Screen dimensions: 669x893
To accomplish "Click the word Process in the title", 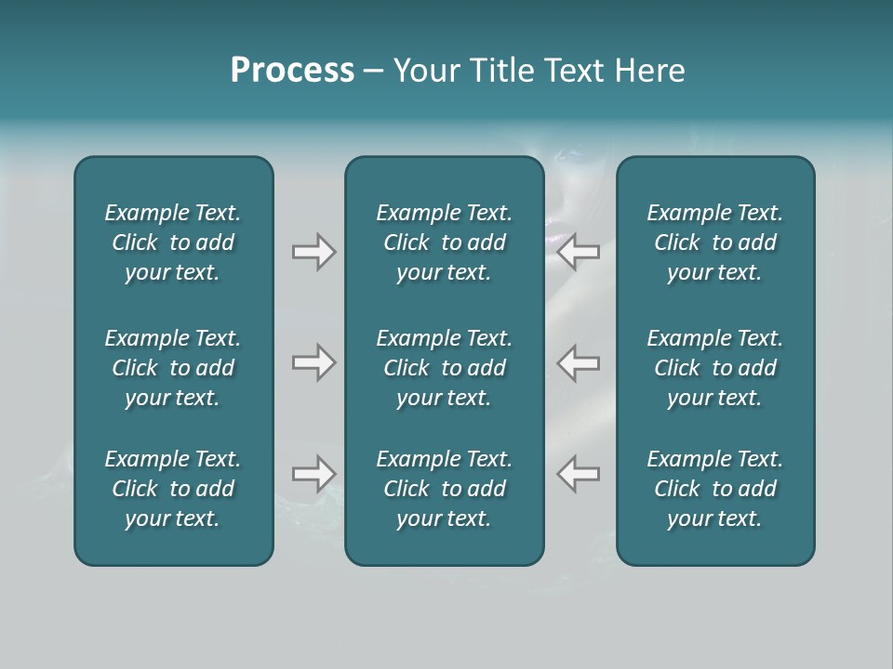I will click(292, 71).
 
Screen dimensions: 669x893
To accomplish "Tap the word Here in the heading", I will click(648, 71).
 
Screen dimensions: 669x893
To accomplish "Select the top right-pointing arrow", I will click(313, 252).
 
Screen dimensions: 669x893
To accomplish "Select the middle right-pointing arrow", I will click(313, 362).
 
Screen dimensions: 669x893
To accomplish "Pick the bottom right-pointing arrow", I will click(313, 474).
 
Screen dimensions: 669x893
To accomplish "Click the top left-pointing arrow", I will click(578, 252).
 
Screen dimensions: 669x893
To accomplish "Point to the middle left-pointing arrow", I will click(578, 362).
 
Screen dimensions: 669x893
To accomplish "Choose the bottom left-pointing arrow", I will click(578, 474).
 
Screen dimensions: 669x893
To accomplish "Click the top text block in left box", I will click(173, 243).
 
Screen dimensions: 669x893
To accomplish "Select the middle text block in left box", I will click(173, 368).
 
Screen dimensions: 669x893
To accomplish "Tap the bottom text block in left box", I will click(173, 489).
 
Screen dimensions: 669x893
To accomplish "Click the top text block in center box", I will click(445, 243).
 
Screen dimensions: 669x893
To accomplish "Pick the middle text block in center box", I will click(445, 368).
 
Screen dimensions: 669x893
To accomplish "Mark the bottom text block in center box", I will click(445, 489).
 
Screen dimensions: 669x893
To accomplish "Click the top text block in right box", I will click(715, 243).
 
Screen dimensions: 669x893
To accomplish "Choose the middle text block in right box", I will click(715, 368).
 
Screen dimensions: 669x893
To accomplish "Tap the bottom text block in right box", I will click(715, 489).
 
